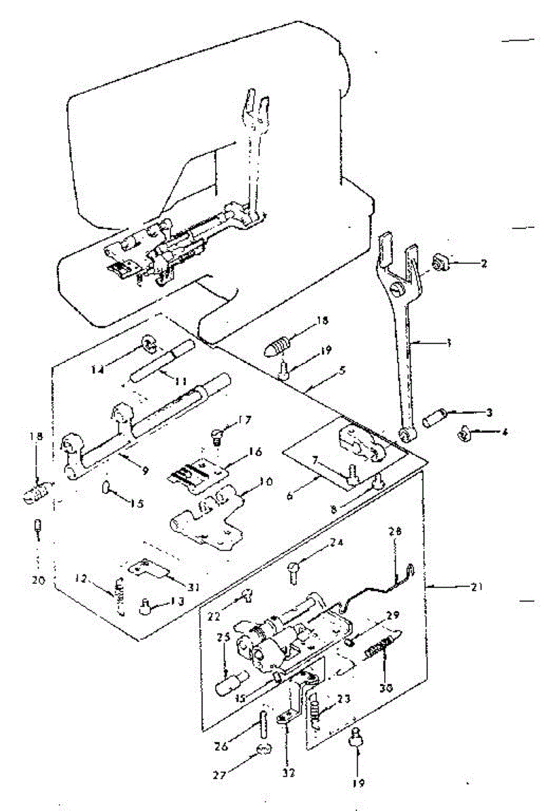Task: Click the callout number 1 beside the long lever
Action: click(448, 343)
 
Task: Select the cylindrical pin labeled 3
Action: click(433, 418)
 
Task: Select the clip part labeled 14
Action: click(149, 348)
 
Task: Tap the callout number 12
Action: click(82, 578)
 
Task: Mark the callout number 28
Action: click(395, 533)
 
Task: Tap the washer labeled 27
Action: click(265, 749)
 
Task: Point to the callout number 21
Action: click(477, 587)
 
